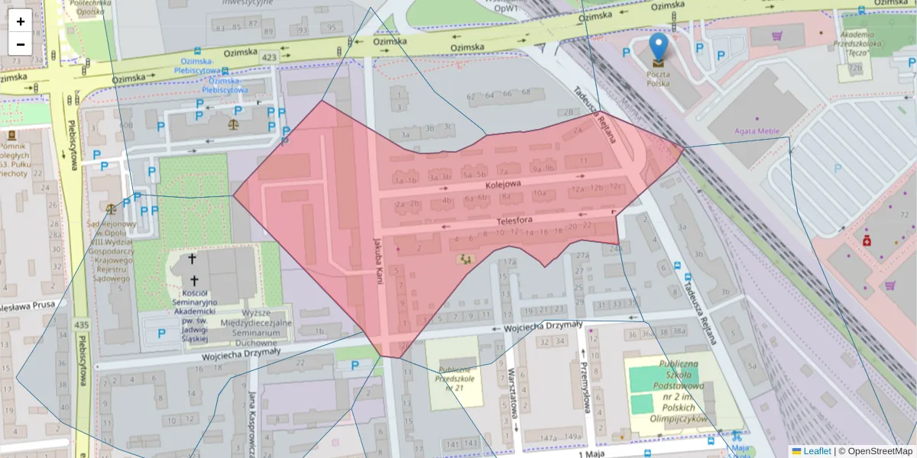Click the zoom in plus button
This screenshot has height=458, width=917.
point(21,21)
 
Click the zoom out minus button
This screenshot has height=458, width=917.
point(21,44)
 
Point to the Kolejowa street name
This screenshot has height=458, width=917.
point(502,184)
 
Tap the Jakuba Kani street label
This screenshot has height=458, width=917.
point(377,260)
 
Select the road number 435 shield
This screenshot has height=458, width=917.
point(80,325)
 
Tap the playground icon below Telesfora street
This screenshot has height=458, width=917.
point(464,260)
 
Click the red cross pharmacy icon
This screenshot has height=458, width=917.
point(867,241)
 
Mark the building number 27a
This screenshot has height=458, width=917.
point(584,255)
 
